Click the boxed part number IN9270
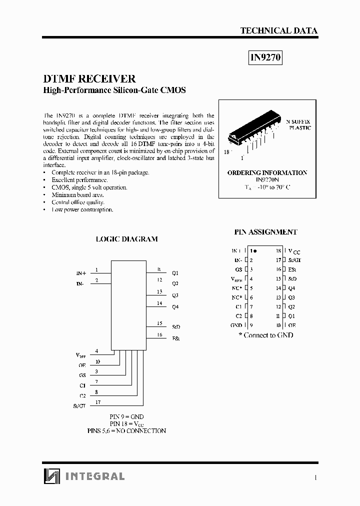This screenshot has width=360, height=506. (x=266, y=58)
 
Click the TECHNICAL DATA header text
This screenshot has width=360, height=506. (x=278, y=30)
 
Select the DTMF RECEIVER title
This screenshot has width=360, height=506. (x=89, y=79)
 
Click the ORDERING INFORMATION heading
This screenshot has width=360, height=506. (x=267, y=172)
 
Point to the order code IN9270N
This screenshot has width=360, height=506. (x=266, y=179)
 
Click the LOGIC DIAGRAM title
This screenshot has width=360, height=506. (x=126, y=239)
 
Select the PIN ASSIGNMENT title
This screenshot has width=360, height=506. (x=265, y=232)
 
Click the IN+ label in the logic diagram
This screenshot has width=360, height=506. (x=81, y=273)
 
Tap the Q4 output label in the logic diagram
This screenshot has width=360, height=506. (x=175, y=306)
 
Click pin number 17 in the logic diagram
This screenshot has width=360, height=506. (x=97, y=401)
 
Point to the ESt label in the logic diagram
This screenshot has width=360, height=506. (x=175, y=338)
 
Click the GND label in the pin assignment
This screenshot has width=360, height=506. (x=236, y=325)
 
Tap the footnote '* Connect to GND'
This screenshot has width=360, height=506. (x=265, y=335)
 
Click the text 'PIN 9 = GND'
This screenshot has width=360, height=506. (x=126, y=416)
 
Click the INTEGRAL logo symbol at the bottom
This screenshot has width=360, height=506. (x=51, y=476)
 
